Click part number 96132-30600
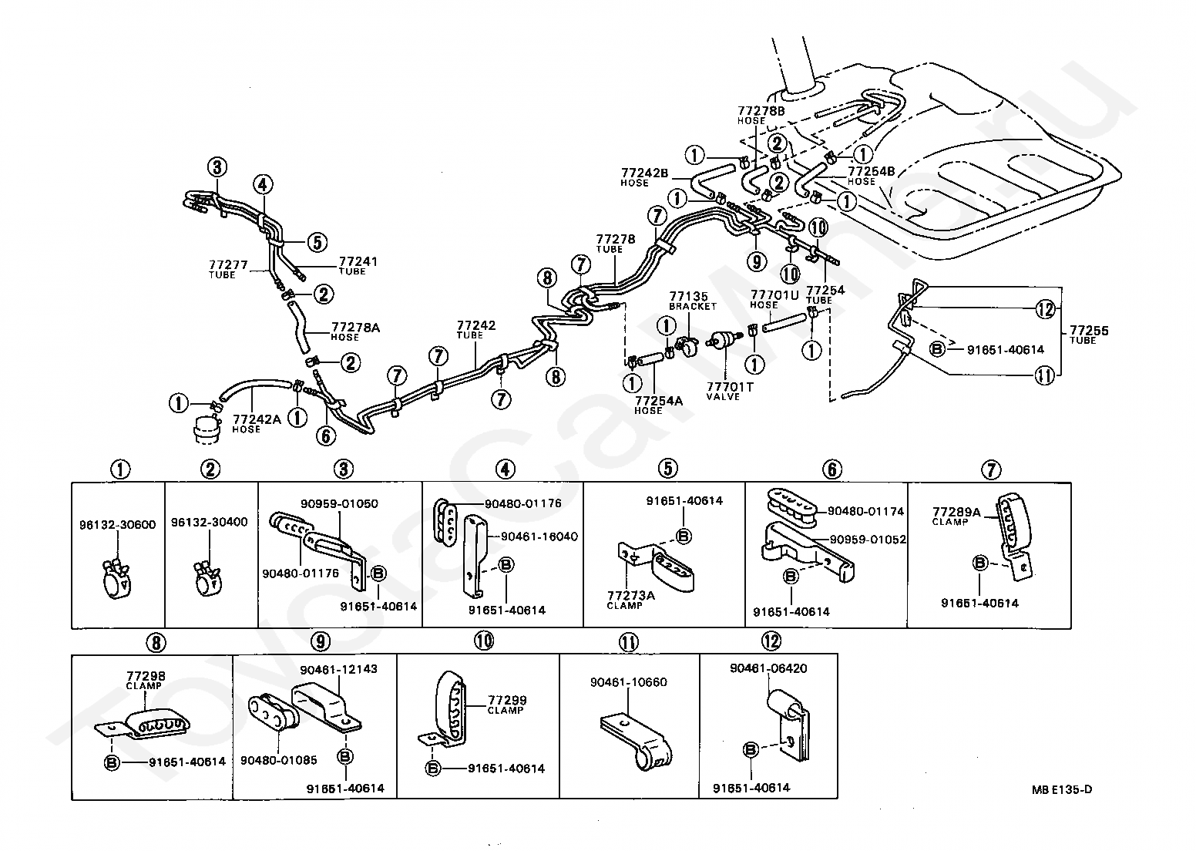coord(117,525)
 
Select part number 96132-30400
coord(210,522)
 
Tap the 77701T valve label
coord(729,391)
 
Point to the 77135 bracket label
coord(693,301)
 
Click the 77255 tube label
coord(1089,335)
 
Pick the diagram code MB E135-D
coord(1061,789)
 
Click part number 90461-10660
coord(628,682)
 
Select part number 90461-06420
coord(768,668)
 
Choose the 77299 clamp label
coord(507,705)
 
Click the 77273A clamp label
coord(630,600)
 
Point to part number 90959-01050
coord(339,504)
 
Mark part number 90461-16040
coord(539,536)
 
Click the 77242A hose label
coord(257,424)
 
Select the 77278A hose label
coord(355,331)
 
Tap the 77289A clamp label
coord(956,516)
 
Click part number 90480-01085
coord(279,760)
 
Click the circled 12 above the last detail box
coord(771,641)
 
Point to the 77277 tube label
coord(228,269)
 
